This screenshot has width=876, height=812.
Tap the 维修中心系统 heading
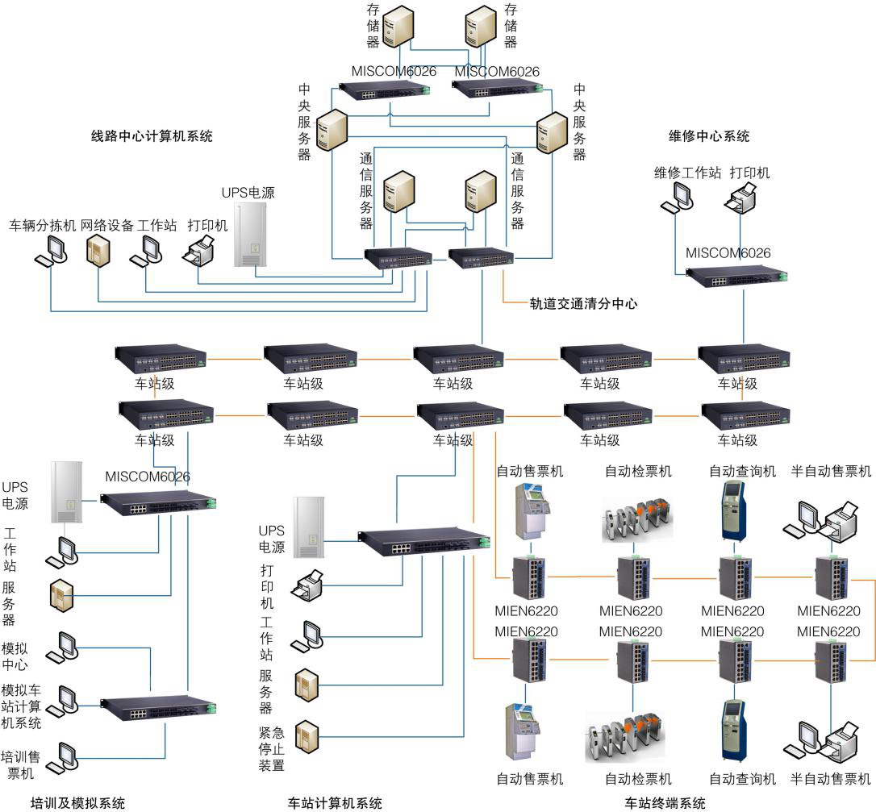point(709,135)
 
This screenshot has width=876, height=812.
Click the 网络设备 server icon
point(98,251)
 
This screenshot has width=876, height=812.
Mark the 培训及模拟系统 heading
point(77,803)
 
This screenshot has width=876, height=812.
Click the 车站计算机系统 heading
point(335,803)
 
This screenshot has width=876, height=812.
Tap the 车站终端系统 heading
point(665,803)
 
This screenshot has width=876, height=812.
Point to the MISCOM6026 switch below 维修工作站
point(736,276)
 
